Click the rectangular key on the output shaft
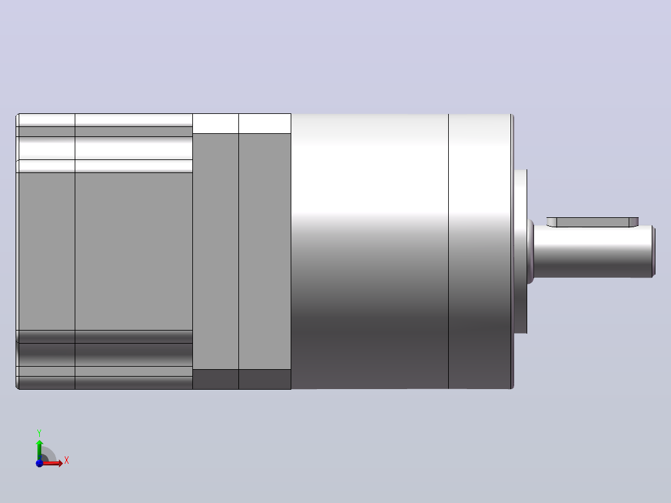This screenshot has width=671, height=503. (593, 222)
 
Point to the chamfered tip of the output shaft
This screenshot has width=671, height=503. (654, 251)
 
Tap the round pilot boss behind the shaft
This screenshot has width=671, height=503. (520, 251)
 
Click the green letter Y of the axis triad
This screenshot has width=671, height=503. (39, 433)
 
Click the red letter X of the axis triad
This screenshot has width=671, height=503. (67, 461)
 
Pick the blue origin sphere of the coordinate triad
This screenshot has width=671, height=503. (39, 463)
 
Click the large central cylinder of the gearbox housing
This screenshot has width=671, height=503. (370, 251)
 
